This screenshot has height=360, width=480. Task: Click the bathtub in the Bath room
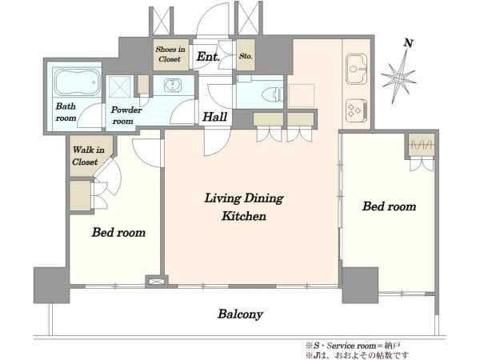point(77,82)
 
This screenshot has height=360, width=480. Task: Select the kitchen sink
point(356,69)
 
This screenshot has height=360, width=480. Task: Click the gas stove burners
point(357,110)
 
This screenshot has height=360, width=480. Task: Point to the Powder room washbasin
point(173,86)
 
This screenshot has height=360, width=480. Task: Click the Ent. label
point(208,57)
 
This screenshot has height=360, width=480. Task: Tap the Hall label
point(215,117)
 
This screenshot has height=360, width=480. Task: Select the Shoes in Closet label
point(170,54)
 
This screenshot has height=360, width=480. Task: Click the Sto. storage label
point(246,56)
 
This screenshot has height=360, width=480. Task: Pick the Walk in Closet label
point(88,156)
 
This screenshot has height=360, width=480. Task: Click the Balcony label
point(240,314)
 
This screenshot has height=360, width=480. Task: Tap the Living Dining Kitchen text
point(244,207)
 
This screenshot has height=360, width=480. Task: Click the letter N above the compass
point(408,43)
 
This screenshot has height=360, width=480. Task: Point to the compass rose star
point(398,78)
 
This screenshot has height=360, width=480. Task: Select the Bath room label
point(66,112)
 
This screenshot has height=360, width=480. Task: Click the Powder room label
point(126,115)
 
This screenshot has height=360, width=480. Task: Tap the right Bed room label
point(389,206)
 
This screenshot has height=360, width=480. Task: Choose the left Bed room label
point(118,232)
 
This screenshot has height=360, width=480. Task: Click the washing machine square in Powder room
point(120,87)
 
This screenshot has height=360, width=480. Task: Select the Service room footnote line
point(353,346)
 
